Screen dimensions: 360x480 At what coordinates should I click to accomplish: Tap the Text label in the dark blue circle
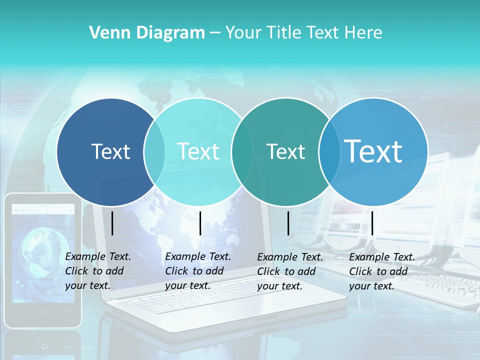click(110, 151)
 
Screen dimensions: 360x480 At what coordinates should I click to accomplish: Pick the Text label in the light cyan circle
click(198, 151)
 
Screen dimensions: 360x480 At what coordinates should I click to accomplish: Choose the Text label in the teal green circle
click(285, 151)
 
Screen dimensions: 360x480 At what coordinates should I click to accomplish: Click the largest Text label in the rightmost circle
click(373, 151)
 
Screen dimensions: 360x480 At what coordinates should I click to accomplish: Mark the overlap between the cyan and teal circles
click(242, 152)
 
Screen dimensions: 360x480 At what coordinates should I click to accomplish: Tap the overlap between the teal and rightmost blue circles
click(329, 152)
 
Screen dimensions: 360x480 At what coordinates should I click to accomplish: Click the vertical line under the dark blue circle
click(112, 223)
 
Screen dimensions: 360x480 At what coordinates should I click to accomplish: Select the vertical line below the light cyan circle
click(200, 223)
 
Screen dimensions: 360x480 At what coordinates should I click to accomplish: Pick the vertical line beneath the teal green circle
click(288, 223)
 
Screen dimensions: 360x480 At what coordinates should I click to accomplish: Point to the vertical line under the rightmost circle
click(372, 223)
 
